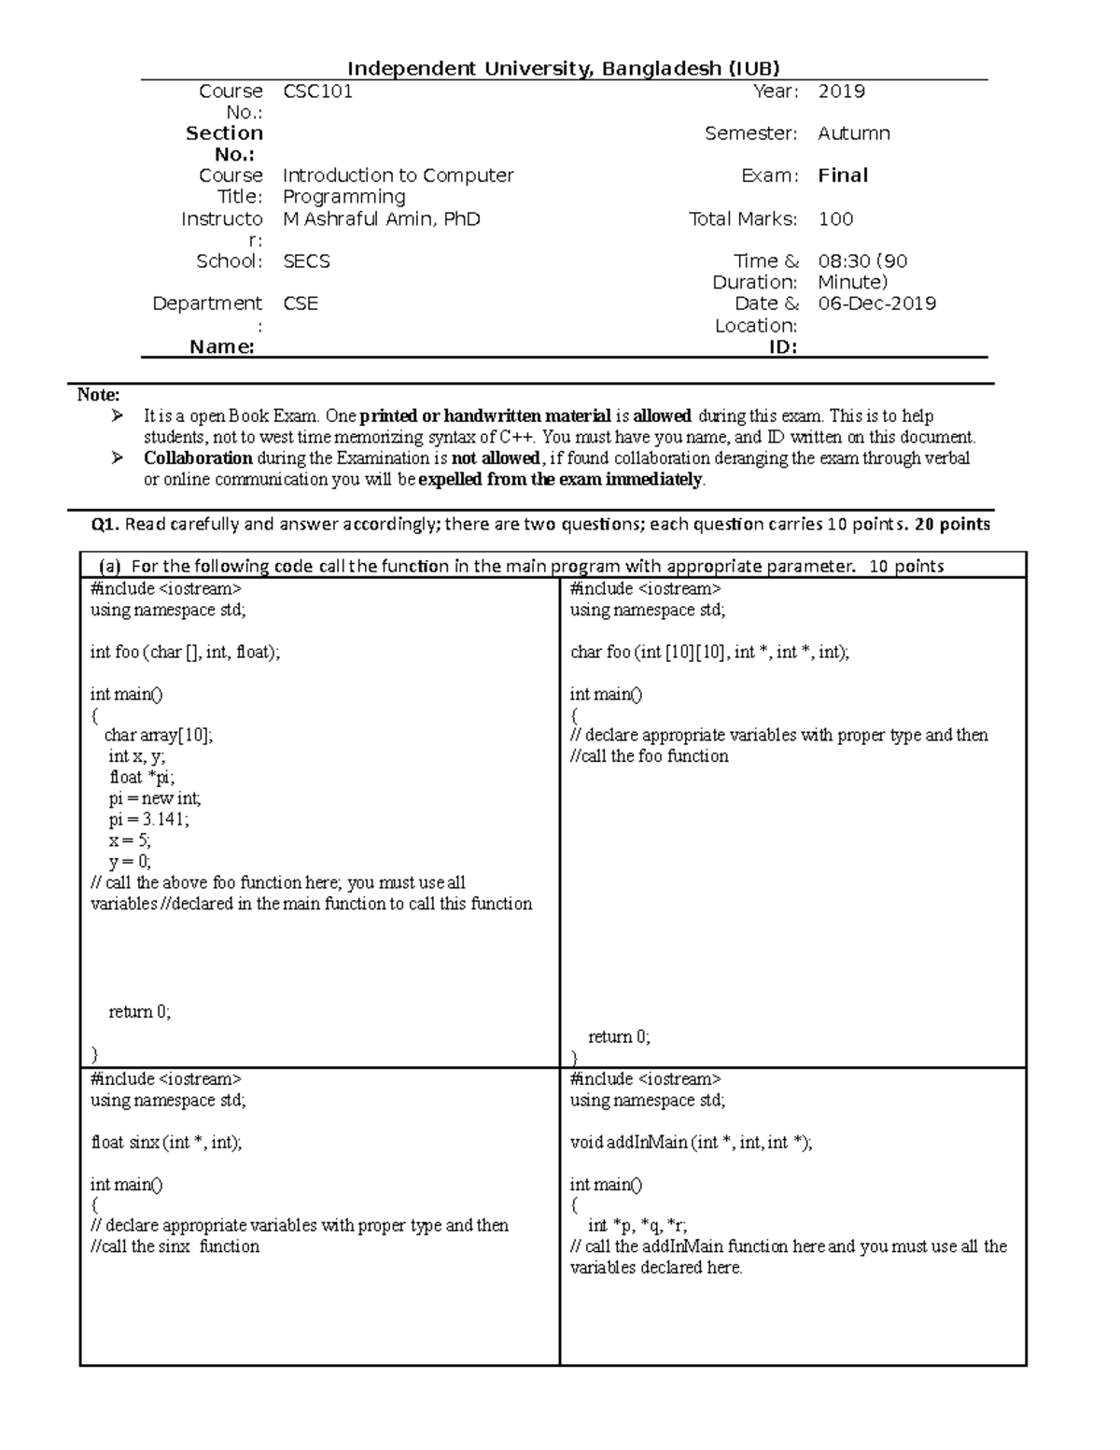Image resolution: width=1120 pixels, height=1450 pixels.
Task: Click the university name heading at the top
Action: coord(563,68)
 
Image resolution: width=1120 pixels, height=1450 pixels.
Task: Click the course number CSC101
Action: coord(317,92)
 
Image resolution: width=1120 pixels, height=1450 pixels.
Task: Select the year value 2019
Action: coord(841,92)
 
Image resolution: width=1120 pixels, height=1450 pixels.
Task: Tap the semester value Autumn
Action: coord(853,134)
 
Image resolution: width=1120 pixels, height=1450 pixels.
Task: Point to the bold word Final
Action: coord(843,176)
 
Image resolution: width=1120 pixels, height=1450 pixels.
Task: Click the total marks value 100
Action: coord(835,219)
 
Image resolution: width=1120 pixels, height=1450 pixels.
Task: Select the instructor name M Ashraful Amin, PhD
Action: coord(381,219)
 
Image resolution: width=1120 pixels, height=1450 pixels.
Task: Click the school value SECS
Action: coord(306,261)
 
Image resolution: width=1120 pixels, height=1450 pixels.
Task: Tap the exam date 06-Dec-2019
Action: coord(876,303)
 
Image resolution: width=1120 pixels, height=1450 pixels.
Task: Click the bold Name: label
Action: coord(222,347)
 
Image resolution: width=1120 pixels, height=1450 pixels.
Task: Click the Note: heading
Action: coord(98,395)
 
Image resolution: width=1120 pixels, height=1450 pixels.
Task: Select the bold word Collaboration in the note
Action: coord(198,458)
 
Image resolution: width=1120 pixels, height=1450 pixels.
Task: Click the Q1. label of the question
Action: coord(105,525)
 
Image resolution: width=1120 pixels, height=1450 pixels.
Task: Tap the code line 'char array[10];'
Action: coord(159,736)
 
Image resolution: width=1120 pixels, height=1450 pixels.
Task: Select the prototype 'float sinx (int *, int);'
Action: coord(166,1142)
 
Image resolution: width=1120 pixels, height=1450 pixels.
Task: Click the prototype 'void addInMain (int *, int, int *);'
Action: coord(691,1142)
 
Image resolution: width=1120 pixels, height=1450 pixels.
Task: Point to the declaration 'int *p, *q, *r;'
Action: coord(637,1226)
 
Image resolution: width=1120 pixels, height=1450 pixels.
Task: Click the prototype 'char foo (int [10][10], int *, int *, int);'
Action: coord(709,653)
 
